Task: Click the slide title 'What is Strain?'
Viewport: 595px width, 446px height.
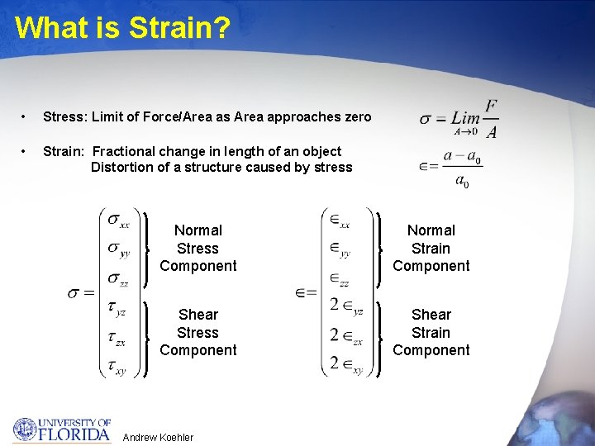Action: coord(122,27)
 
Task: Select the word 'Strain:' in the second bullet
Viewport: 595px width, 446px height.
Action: coord(64,151)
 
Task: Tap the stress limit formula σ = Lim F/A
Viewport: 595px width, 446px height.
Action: coord(459,119)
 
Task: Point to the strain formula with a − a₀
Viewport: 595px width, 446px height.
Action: coord(451,168)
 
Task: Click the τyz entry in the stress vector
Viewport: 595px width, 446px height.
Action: coord(117,309)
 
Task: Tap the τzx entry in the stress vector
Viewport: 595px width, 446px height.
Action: coord(117,339)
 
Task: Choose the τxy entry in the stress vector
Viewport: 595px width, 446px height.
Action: coord(117,368)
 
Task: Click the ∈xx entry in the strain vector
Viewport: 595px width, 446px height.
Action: coord(340,221)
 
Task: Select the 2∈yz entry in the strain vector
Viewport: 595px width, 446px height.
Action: coord(346,306)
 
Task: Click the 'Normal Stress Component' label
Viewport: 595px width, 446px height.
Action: coord(198,248)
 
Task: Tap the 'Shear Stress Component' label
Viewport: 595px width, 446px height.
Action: coord(198,332)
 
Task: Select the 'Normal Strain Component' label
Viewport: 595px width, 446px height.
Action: coord(431,248)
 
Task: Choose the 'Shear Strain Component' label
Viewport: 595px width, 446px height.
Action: coord(431,332)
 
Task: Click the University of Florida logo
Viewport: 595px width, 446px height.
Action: coord(61,429)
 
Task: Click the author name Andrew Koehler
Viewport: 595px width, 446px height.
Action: coord(157,437)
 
